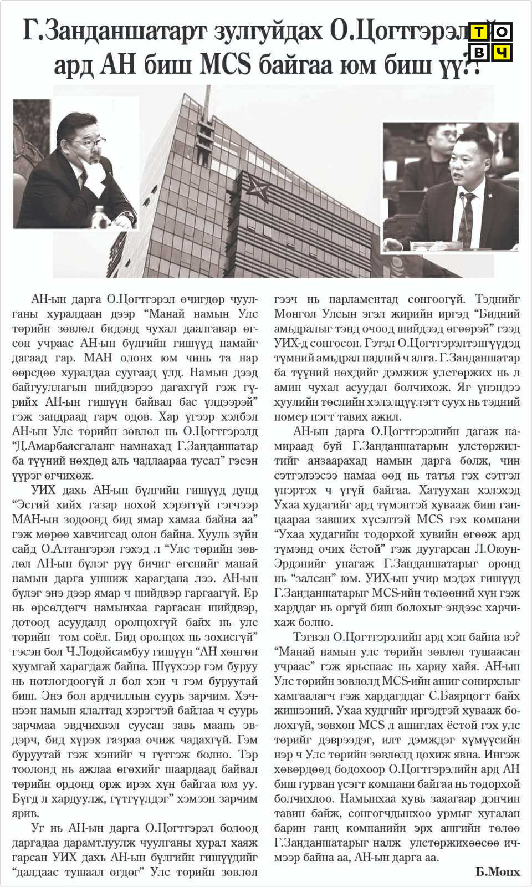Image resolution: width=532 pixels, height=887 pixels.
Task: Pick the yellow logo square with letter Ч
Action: [x=502, y=52]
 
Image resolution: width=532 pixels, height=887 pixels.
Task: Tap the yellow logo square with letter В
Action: [x=479, y=52]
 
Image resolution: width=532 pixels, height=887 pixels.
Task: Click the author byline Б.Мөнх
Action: [x=497, y=871]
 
